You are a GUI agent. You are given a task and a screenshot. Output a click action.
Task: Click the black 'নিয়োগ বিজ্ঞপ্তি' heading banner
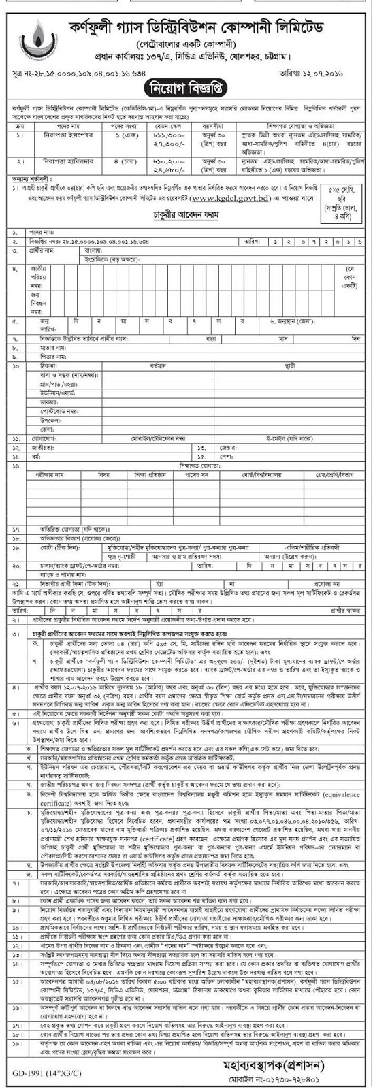(x=186, y=88)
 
